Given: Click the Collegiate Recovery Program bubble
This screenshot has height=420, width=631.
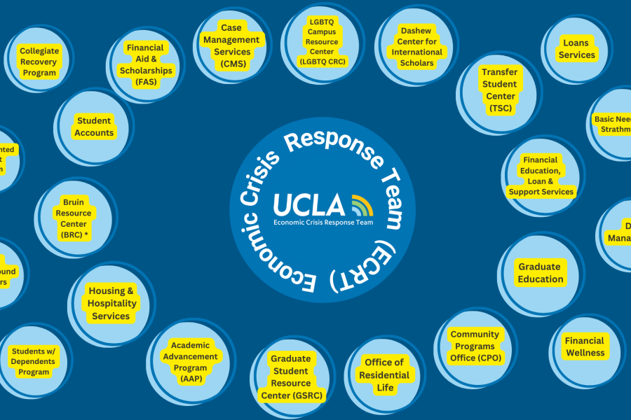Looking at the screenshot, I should [39, 62].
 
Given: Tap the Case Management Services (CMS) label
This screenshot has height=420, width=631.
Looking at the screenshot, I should [231, 46].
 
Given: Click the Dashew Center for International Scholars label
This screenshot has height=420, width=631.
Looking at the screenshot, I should [416, 47].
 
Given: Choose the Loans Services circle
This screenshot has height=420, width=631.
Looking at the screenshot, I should [577, 49].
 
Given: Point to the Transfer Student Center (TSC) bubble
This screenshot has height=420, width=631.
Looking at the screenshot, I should [498, 90].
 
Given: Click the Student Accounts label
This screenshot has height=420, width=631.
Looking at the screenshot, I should [94, 127].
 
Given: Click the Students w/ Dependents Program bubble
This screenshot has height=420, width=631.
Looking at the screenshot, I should [34, 361].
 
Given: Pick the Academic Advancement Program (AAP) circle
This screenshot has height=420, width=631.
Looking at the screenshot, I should [190, 362].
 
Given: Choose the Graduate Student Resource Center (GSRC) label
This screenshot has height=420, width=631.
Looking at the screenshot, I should [291, 377].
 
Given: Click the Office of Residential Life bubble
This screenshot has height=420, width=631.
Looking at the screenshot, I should [384, 374].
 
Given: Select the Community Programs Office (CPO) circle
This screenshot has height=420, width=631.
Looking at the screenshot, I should [475, 346].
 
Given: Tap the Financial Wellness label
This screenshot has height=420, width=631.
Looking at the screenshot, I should [585, 346].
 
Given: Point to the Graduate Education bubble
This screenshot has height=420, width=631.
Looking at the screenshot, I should [540, 273].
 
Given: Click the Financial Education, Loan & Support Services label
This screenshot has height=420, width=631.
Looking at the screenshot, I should [541, 176].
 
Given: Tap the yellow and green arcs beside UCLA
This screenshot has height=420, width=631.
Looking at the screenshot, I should [362, 204].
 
